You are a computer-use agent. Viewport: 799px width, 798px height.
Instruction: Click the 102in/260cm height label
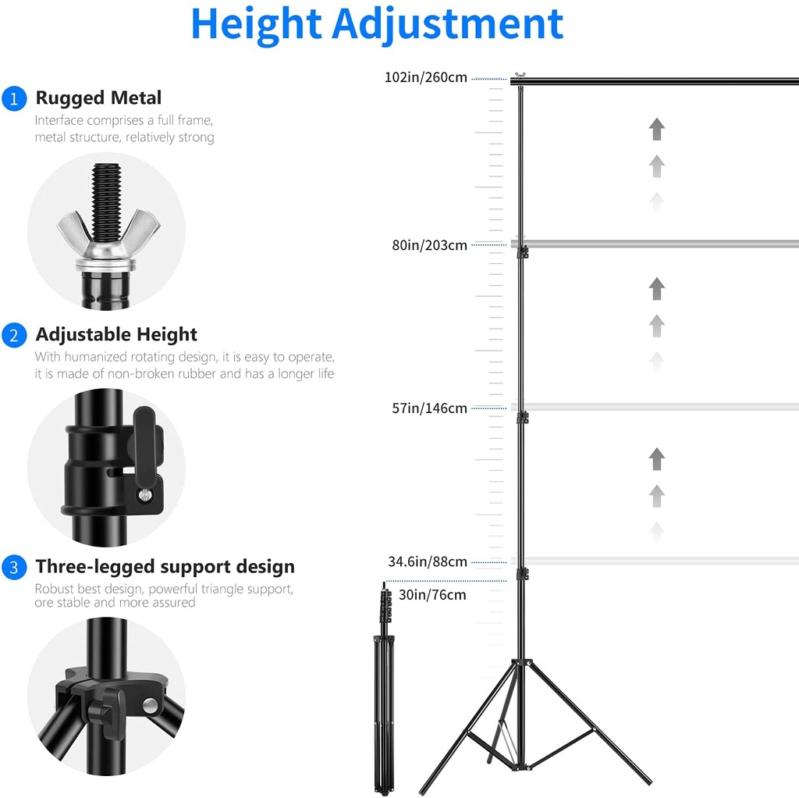pos(425,77)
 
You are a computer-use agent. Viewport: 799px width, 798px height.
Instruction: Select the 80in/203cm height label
pos(429,245)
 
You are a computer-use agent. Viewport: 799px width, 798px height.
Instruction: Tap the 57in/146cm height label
pos(429,408)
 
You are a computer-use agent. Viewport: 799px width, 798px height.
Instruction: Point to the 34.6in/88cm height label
pos(428,562)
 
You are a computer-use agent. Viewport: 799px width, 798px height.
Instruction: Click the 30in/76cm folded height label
pos(431,595)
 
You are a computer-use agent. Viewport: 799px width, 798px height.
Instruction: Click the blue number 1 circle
pos(13,99)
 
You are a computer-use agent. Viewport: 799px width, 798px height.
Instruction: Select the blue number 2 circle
pos(13,336)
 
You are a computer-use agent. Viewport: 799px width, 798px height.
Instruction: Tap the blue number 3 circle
pos(13,568)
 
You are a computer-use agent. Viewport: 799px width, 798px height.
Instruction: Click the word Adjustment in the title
pos(447,25)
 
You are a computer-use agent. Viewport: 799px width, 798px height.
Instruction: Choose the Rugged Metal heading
pos(98,98)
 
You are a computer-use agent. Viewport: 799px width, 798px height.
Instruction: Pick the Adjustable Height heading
pos(116,335)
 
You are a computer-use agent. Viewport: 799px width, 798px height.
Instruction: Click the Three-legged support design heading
pos(165,567)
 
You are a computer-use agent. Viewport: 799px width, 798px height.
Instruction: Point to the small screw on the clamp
pos(146,493)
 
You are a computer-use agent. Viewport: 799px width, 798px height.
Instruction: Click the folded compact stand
pos(382,687)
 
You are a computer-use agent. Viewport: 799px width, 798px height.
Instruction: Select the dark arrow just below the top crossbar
pos(657,129)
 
